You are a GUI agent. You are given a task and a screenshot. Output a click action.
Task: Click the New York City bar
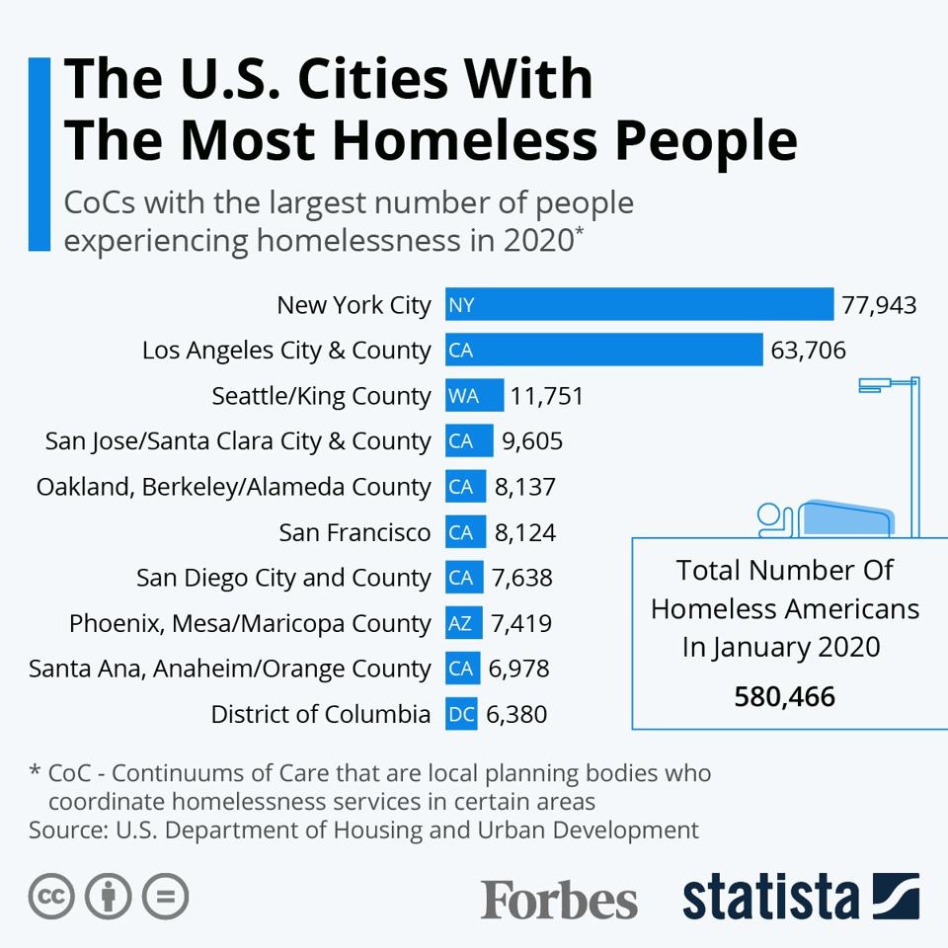640,304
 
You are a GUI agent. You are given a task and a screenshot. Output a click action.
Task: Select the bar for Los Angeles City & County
604,350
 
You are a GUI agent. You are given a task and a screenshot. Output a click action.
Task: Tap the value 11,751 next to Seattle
546,396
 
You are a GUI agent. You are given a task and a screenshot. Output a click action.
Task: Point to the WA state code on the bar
463,396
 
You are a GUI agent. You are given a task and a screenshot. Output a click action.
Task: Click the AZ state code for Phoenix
459,623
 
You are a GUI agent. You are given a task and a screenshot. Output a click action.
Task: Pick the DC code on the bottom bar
461,714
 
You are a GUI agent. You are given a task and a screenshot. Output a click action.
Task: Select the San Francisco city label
355,532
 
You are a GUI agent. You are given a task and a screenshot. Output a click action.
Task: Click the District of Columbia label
320,714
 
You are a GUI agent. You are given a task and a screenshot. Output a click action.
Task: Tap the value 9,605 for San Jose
532,440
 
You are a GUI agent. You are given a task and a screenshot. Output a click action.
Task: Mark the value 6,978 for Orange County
518,669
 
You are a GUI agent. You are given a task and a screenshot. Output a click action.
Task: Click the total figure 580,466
785,696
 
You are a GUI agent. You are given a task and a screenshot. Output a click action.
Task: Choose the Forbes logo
559,899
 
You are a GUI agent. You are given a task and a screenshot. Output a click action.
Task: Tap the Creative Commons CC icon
51,896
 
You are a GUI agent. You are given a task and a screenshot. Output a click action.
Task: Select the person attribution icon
109,896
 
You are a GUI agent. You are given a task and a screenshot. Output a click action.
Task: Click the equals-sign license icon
165,896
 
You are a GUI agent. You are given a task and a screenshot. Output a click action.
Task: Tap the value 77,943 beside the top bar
879,305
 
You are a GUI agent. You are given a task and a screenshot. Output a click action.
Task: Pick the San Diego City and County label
283,578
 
